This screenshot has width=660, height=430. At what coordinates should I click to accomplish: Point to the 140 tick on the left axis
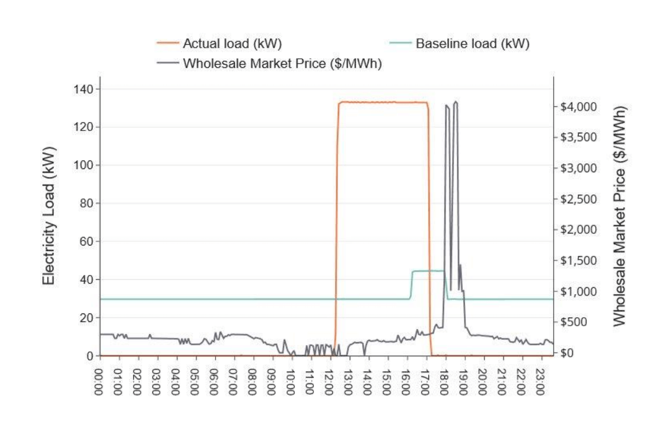83,89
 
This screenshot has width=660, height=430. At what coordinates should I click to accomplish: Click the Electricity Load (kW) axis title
49,222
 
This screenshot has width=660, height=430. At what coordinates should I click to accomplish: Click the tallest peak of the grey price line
456,102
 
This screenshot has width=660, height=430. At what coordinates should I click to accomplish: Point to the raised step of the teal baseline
428,271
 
